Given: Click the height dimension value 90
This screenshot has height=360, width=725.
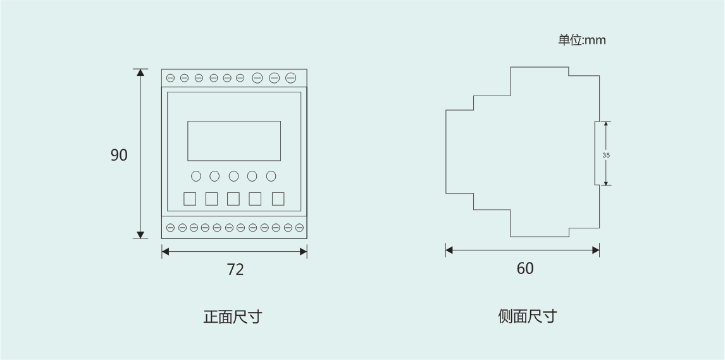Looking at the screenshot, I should [119, 155].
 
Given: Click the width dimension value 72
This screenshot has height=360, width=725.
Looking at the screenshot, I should [235, 270].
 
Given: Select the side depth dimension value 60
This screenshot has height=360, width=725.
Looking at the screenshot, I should [525, 268].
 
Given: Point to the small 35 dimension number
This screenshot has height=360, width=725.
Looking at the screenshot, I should [606, 155].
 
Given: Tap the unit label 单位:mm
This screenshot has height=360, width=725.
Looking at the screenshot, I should [581, 40].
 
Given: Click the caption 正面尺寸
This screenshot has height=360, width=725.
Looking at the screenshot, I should [232, 316].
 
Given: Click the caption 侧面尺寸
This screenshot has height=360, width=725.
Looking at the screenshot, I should [527, 316].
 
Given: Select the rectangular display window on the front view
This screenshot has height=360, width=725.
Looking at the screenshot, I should [234, 140].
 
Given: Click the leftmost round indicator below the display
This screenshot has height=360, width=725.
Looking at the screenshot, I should [196, 176].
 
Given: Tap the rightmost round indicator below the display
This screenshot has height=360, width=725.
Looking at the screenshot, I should [271, 176].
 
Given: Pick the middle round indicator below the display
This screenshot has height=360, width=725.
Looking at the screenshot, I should [234, 176].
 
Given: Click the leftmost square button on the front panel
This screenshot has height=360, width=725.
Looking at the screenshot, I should [190, 199].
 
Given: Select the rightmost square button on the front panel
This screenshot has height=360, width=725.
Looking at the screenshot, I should [278, 199].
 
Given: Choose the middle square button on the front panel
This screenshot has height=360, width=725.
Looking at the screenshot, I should [233, 199].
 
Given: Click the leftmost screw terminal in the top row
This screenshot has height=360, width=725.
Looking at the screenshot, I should [170, 78].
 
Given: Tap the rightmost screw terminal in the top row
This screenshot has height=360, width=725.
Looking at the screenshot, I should [290, 78].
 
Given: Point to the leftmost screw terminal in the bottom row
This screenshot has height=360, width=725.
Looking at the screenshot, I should [171, 227].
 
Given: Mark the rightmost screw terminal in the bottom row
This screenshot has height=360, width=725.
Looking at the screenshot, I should [299, 227].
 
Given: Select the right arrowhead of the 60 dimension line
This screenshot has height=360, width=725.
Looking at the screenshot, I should [596, 251].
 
